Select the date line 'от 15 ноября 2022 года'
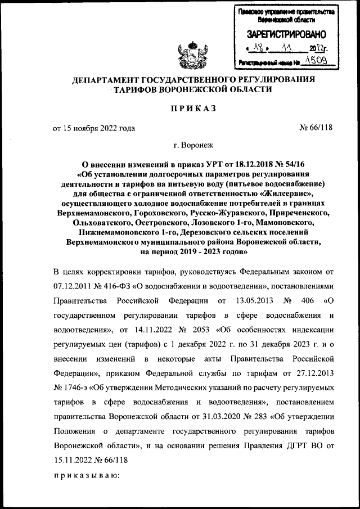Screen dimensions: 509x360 tap(94, 128)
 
